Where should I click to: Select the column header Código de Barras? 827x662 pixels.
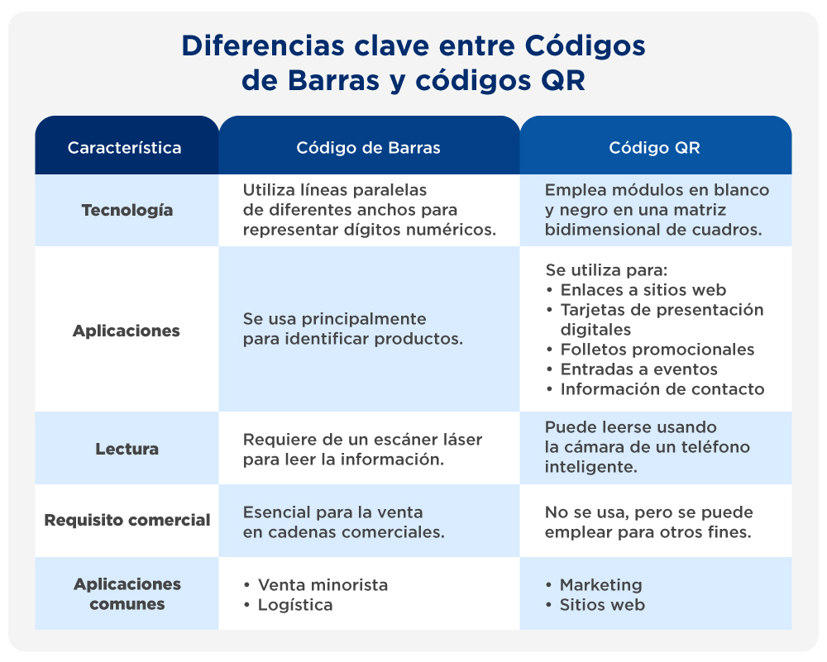368,148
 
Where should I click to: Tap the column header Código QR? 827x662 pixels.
654,148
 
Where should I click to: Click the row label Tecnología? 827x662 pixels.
127,210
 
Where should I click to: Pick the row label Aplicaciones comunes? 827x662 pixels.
127,594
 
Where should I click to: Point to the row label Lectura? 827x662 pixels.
127,449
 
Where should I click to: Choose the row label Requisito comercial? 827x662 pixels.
127,520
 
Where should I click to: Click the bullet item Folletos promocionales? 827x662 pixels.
657,349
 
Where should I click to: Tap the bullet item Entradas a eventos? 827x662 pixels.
638,369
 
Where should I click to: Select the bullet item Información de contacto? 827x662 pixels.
662,388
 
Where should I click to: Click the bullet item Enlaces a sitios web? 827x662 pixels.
643,289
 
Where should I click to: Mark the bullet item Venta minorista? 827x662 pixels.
323,584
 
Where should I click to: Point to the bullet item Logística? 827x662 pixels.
295,605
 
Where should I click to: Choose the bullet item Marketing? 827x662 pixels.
600,584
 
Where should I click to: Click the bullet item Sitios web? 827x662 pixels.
602,605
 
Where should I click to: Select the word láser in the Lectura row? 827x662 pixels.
461,440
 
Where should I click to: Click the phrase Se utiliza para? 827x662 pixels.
606,269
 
